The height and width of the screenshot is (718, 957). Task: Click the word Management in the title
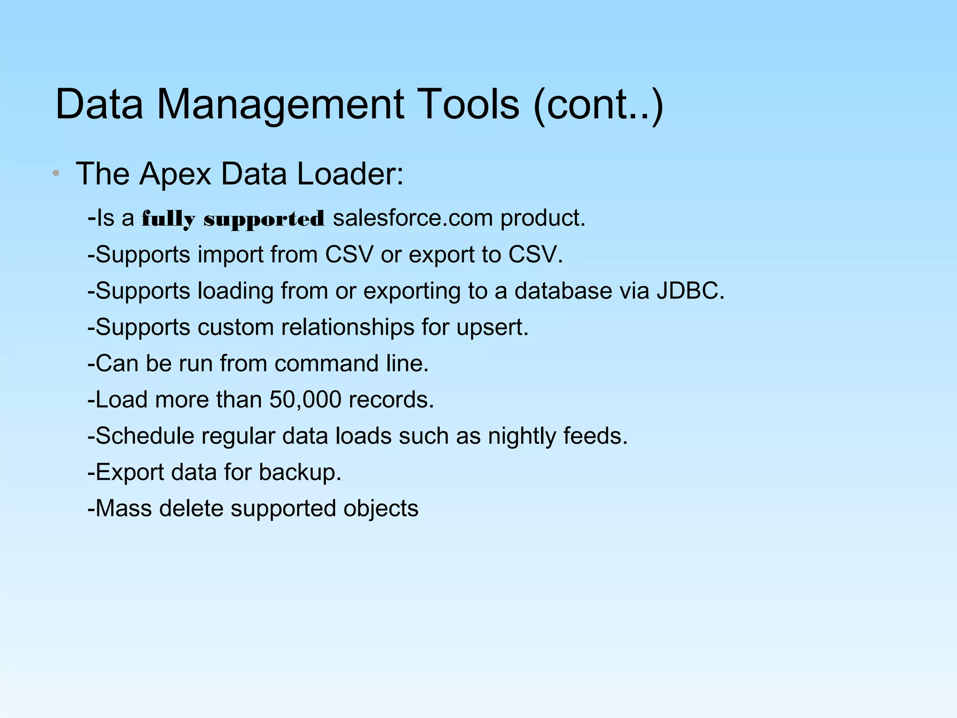[279, 105]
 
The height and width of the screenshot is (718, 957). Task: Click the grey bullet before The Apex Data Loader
[56, 173]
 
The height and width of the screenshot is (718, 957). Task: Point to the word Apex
[175, 174]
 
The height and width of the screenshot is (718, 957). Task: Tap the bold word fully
[168, 219]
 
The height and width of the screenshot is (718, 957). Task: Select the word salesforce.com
[413, 218]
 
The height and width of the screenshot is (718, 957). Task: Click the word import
[230, 255]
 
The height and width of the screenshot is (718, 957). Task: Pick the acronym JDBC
[690, 291]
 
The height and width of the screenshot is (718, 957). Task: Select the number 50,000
[305, 400]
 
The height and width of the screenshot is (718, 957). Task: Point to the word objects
[380, 509]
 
